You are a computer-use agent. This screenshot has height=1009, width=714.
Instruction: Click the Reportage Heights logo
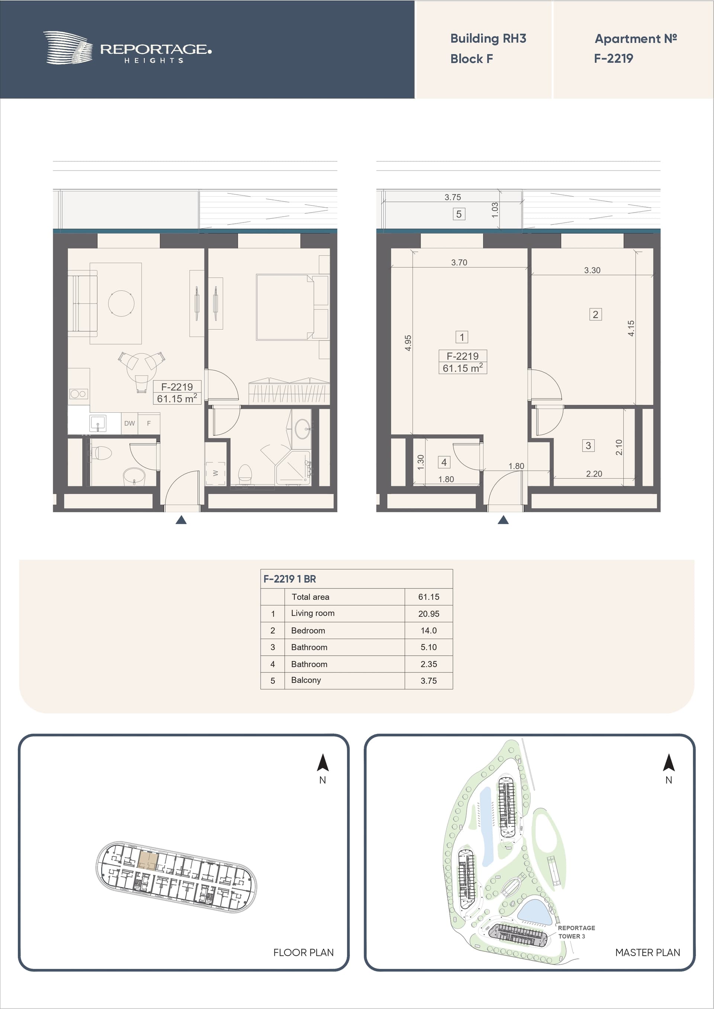tap(127, 48)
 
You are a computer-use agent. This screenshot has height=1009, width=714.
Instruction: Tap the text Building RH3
tap(488, 39)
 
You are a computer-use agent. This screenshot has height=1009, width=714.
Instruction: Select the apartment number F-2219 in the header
tap(613, 58)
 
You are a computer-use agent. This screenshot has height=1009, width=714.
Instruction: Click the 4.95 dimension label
tap(408, 343)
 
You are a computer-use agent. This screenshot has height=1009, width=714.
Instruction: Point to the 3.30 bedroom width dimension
tap(592, 270)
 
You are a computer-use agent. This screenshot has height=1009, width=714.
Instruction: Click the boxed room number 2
tap(595, 314)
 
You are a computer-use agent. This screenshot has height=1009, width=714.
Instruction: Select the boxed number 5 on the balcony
tap(459, 214)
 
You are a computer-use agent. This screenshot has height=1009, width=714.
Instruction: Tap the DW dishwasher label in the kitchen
tap(129, 423)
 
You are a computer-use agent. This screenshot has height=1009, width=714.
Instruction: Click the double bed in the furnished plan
tap(292, 307)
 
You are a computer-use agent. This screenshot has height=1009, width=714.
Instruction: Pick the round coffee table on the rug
tap(122, 303)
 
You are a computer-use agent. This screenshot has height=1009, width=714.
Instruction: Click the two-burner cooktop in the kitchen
tap(78, 394)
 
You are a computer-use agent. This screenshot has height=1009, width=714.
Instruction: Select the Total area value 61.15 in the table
tap(428, 597)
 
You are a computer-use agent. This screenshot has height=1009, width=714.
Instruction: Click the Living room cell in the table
tap(313, 613)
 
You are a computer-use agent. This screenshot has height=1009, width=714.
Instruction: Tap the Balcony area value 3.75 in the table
tap(428, 681)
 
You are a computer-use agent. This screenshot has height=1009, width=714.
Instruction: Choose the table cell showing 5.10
tap(428, 647)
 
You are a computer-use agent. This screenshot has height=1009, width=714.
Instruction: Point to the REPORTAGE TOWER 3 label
tap(576, 932)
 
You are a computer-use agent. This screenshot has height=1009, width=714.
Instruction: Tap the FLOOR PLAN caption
tap(303, 952)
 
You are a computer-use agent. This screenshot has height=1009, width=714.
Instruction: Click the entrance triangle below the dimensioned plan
tap(503, 520)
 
